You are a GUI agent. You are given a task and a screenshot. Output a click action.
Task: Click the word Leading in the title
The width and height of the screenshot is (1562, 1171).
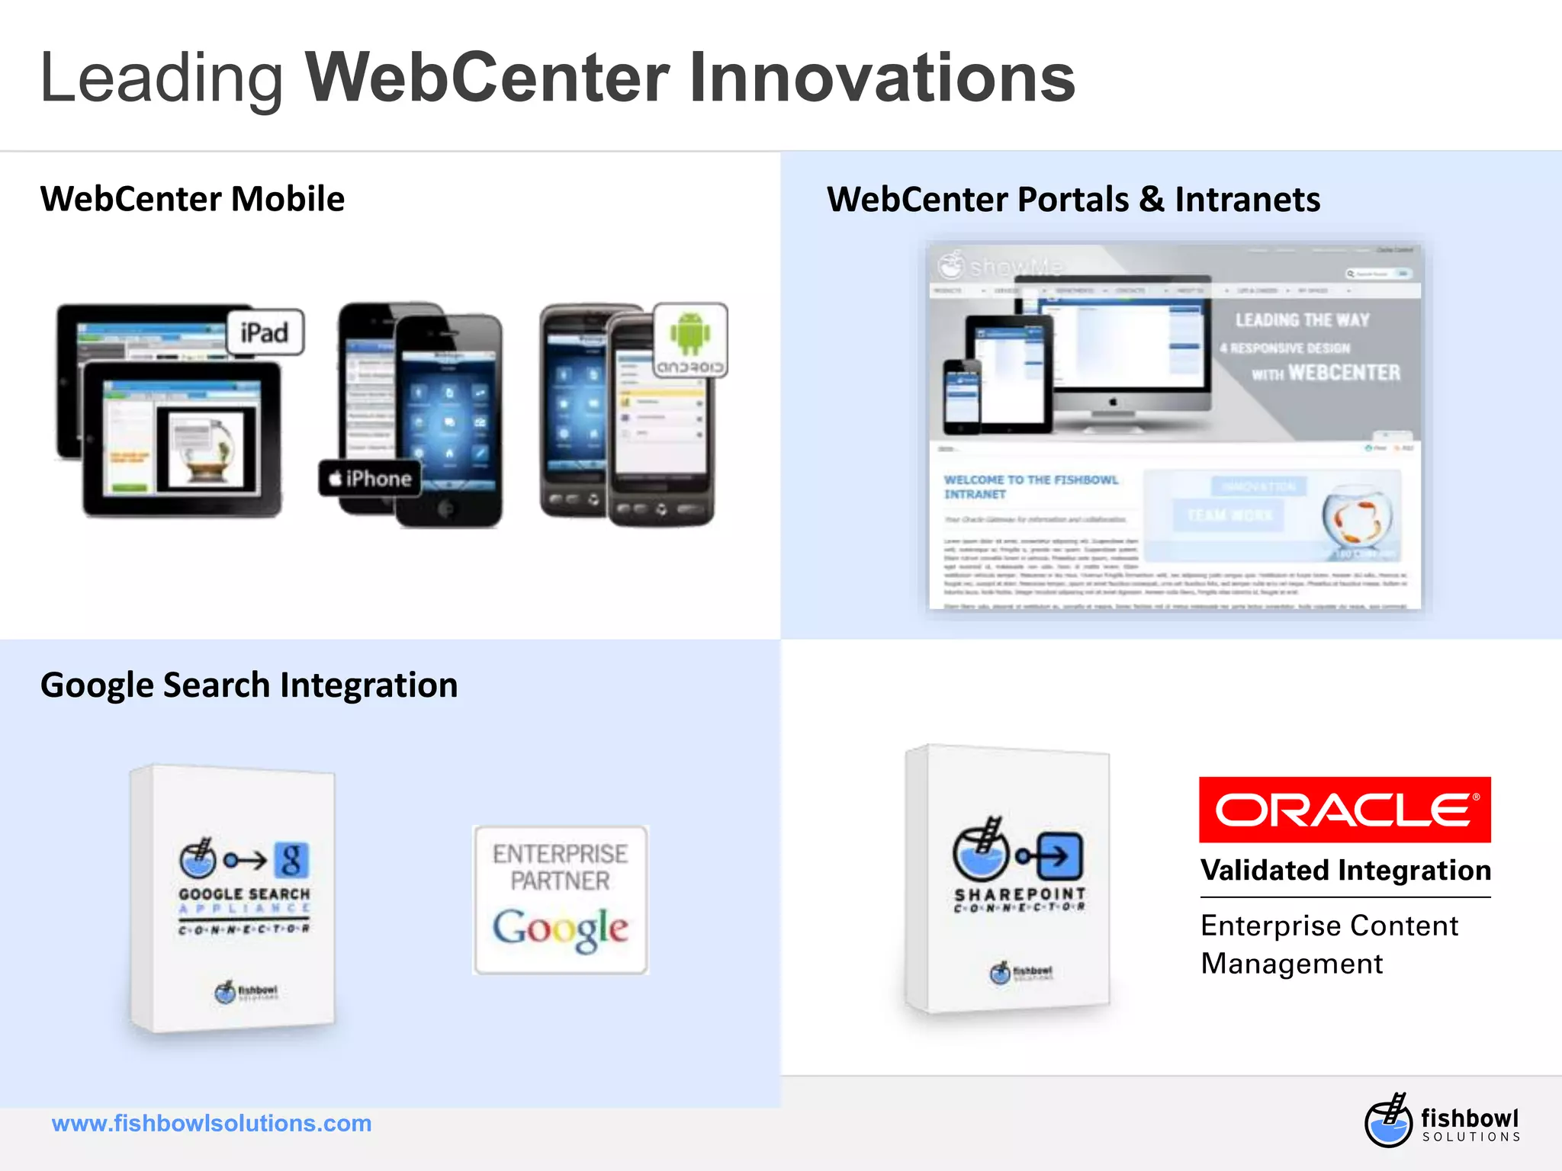click(x=161, y=79)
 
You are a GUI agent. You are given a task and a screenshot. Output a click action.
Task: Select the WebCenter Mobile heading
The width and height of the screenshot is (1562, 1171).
click(x=192, y=199)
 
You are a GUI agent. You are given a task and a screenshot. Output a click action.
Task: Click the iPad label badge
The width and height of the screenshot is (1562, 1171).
click(x=265, y=332)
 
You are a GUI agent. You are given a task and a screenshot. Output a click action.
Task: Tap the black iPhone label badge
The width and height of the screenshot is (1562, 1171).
click(x=370, y=479)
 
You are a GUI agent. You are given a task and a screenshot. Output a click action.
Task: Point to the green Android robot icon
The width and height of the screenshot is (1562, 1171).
click(x=690, y=332)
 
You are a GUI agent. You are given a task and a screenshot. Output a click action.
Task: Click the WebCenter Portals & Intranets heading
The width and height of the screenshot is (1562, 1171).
click(x=1073, y=200)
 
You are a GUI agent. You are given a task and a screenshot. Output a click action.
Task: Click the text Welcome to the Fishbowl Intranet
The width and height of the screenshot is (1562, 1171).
click(x=1030, y=486)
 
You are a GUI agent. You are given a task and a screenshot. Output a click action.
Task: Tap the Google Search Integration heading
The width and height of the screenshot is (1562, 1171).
click(x=249, y=685)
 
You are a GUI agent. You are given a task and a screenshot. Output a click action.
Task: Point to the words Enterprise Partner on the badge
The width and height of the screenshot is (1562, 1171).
click(x=561, y=867)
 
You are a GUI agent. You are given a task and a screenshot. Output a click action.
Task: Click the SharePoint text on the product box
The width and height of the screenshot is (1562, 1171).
click(x=1020, y=893)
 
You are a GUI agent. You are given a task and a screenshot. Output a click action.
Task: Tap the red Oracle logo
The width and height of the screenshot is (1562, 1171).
click(x=1344, y=810)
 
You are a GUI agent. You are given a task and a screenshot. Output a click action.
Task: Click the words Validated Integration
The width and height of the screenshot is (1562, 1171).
click(x=1345, y=871)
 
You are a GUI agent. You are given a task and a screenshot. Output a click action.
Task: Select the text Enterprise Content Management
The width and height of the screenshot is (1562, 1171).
click(x=1329, y=945)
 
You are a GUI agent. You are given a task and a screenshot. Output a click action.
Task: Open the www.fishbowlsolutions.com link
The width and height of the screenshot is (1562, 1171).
click(x=211, y=1124)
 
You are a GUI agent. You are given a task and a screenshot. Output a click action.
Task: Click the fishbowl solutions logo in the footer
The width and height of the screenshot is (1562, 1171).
click(x=1441, y=1121)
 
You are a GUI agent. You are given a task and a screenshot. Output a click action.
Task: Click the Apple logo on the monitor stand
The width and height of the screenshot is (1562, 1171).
click(x=1113, y=402)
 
